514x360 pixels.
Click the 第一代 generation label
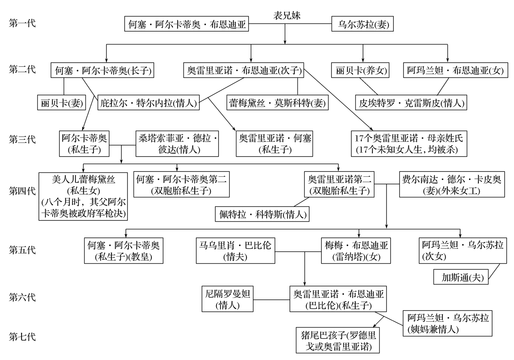tap(22, 23)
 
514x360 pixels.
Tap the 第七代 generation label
tap(22, 336)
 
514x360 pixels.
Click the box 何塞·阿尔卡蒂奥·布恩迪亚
tap(187, 24)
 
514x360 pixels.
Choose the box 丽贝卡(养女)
tap(359, 71)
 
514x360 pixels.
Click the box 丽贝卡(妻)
tap(61, 103)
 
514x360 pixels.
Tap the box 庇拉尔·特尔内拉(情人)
tap(149, 103)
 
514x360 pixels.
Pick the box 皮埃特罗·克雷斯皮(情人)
tap(411, 103)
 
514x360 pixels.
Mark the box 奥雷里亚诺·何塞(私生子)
tap(274, 144)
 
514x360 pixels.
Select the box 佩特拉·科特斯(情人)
tap(262, 214)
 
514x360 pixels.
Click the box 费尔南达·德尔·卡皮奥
tap(452, 185)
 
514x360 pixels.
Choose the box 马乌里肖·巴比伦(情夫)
tap(235, 250)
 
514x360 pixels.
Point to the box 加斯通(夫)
tap(460, 277)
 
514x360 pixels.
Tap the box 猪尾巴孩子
tap(339, 341)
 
